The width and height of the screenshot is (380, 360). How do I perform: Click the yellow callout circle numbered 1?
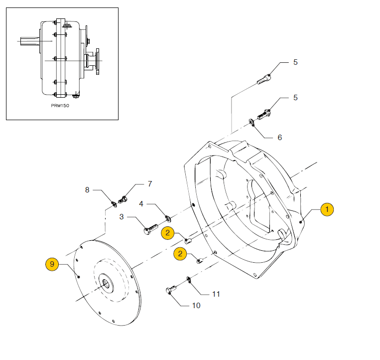click(x=327, y=209)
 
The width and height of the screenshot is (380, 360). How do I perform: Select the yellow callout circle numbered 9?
click(x=53, y=264)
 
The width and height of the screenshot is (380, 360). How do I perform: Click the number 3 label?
click(x=122, y=217)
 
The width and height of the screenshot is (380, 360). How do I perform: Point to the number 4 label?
click(x=141, y=204)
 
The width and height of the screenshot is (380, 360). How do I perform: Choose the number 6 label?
click(x=279, y=137)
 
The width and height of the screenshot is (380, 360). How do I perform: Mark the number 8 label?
click(x=87, y=189)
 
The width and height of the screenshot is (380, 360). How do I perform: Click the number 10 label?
click(x=196, y=305)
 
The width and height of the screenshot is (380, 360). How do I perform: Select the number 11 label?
click(x=216, y=294)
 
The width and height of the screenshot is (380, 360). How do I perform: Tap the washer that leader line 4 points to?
click(x=167, y=217)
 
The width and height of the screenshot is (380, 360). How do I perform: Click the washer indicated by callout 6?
click(x=252, y=121)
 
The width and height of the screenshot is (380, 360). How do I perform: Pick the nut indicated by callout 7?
click(x=123, y=201)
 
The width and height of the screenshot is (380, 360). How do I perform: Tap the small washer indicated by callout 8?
click(x=114, y=202)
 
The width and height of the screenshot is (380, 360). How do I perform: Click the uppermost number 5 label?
click(x=295, y=62)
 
